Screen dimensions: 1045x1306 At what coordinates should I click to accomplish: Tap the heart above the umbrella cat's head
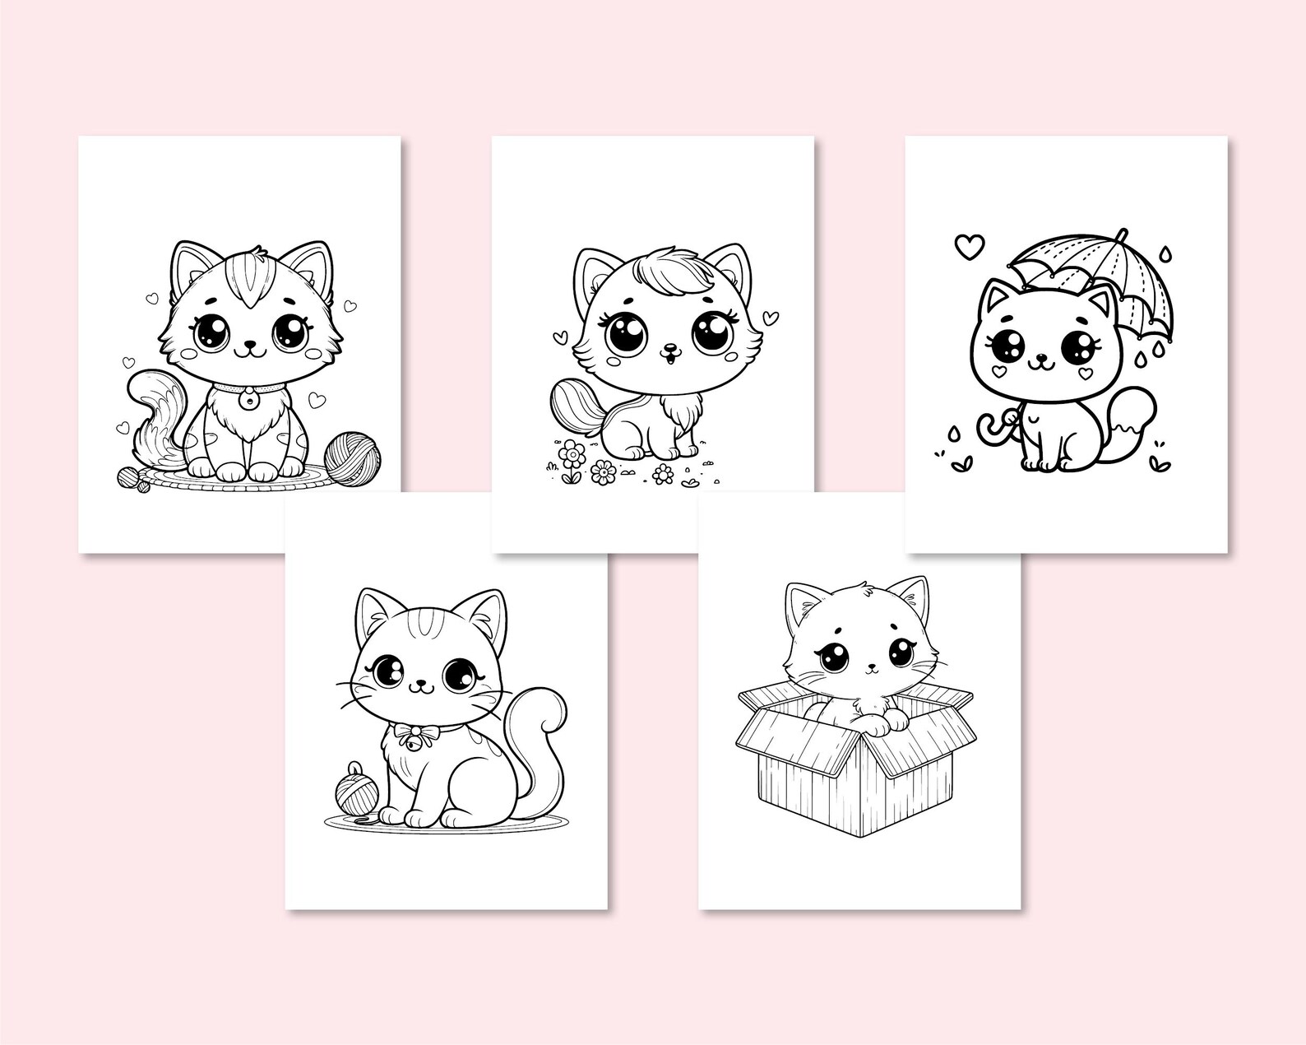(x=970, y=244)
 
